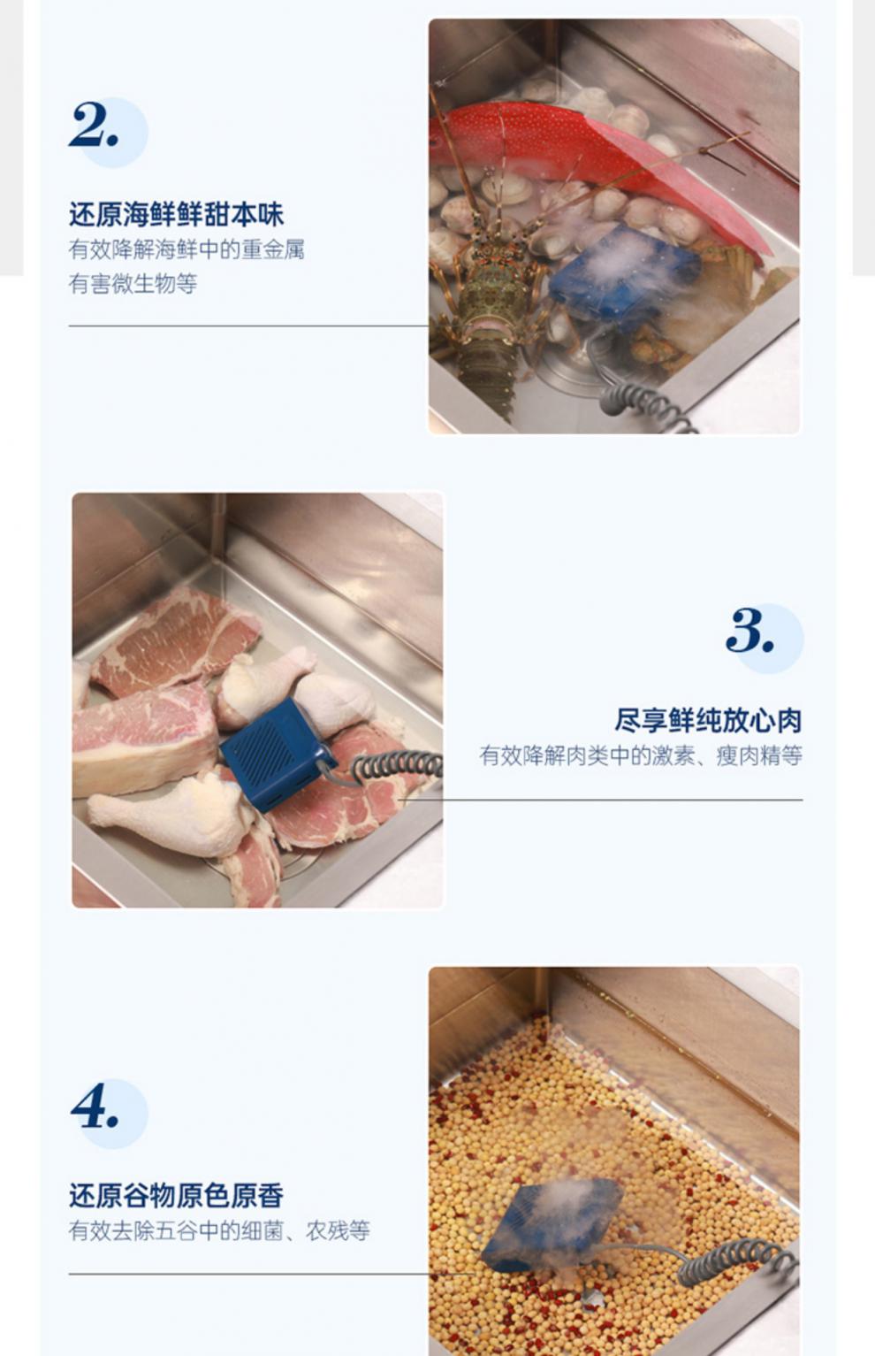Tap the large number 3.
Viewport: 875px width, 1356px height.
749,631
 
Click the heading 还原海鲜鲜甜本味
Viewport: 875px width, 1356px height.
176,214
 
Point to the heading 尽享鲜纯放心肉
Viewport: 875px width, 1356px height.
708,720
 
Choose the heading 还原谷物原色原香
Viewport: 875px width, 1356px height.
176,1196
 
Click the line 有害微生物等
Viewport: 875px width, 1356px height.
133,284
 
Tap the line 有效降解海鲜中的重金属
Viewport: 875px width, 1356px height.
186,249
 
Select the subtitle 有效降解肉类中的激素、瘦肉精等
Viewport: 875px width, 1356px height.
641,755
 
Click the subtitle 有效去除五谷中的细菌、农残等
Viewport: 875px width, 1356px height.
219,1230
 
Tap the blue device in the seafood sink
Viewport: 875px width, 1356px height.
623,274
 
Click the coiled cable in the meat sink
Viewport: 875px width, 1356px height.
398,764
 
